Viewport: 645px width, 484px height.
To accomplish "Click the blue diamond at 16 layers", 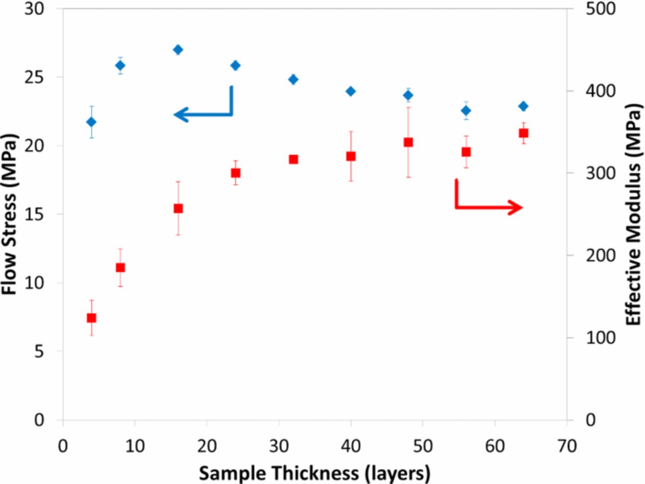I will (x=178, y=49).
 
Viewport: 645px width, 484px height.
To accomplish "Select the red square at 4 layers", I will (x=91, y=318).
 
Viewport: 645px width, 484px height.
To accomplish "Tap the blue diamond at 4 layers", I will (x=91, y=122).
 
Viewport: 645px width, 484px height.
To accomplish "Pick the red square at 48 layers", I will (x=408, y=142).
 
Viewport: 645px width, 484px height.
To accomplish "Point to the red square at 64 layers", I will (x=524, y=133).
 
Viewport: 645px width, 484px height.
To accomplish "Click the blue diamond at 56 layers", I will (x=466, y=110).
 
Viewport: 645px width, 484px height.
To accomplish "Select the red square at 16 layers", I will (x=178, y=208).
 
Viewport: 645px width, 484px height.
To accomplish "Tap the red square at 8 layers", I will (x=120, y=267).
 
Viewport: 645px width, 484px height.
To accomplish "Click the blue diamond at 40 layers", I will (x=351, y=91).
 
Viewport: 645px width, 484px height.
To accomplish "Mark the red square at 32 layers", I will (x=293, y=159).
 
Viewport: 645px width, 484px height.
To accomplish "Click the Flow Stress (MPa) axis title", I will (x=10, y=214).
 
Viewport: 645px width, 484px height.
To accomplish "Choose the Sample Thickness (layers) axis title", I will (x=314, y=473).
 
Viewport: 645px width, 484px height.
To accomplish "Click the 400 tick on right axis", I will (x=600, y=91).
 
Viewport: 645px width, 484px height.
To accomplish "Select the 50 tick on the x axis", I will (x=423, y=445).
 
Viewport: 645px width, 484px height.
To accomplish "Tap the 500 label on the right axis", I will (x=600, y=9).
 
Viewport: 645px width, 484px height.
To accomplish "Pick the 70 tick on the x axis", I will (x=567, y=445).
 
